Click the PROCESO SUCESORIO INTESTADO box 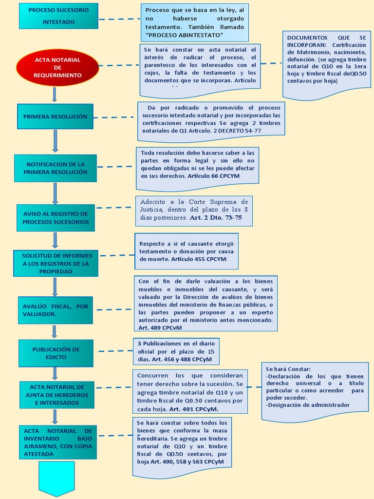[x=58, y=16]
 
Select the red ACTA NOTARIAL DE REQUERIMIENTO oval [x=57, y=68]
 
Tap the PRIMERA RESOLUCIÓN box [x=55, y=117]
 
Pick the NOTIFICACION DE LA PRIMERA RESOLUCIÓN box [x=56, y=168]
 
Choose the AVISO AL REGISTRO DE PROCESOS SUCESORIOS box [x=56, y=218]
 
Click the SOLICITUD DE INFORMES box [x=56, y=263]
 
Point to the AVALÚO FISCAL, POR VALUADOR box [x=56, y=310]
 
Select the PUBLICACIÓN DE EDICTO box [x=56, y=353]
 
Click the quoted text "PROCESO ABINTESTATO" [x=184, y=35]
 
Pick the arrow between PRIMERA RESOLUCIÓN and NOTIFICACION [x=55, y=142]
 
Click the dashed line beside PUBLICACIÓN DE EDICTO [x=115, y=350]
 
